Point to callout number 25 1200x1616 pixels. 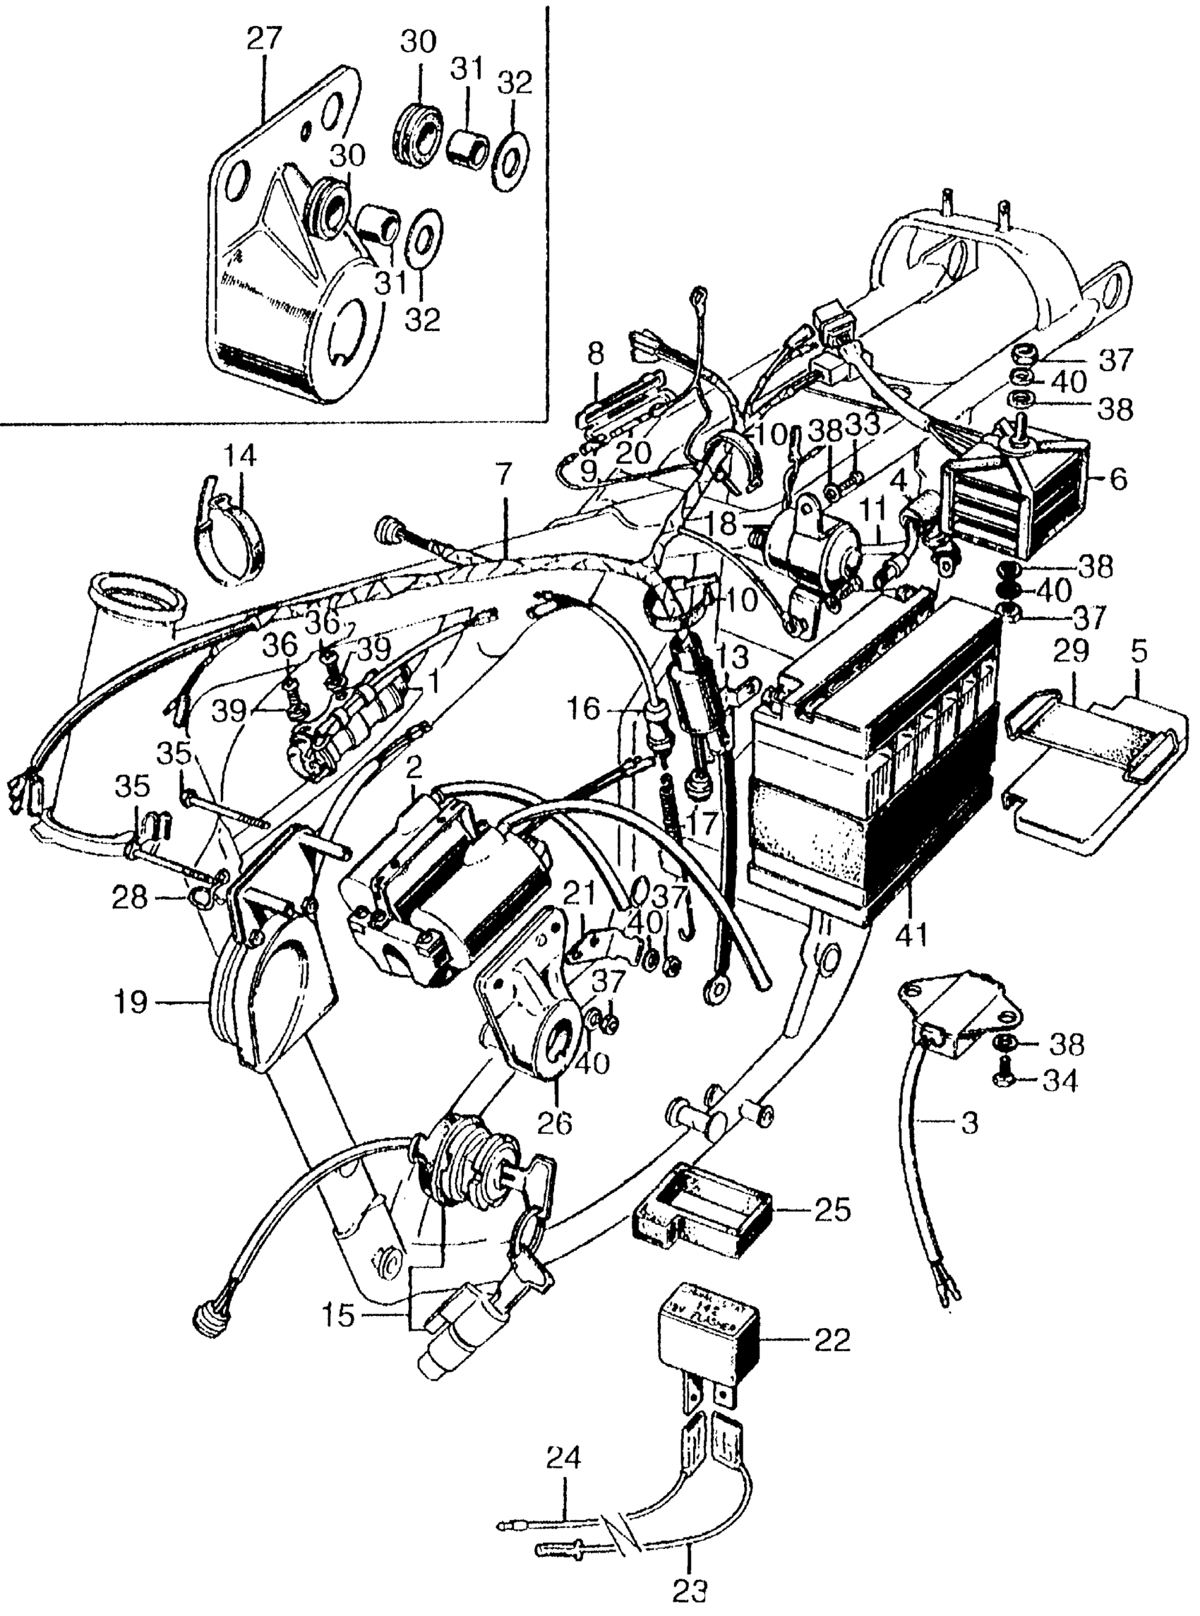(x=832, y=1211)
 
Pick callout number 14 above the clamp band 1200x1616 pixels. (x=240, y=456)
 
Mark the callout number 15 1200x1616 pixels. (x=340, y=1315)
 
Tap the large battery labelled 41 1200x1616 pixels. (x=872, y=762)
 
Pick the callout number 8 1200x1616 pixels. (x=596, y=357)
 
